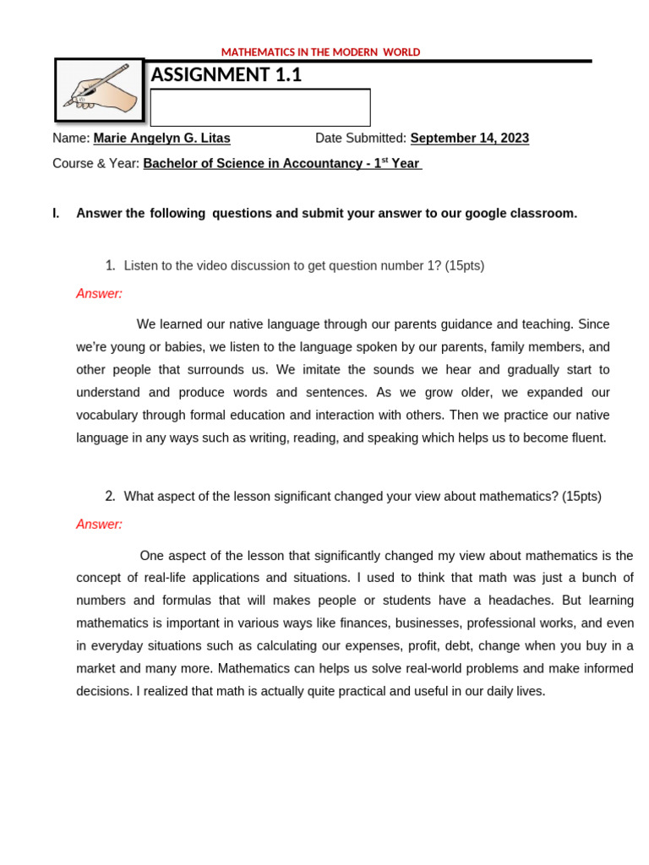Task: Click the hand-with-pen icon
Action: tap(100, 90)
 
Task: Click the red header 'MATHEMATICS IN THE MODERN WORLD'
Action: tap(320, 52)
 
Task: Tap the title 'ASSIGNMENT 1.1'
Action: tap(226, 75)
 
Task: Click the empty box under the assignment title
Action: tap(260, 108)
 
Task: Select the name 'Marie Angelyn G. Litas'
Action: tap(161, 139)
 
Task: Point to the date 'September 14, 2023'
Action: tap(469, 139)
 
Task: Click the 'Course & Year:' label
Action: tap(95, 164)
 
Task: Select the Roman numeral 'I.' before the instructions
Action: tap(57, 214)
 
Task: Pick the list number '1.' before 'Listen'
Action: tap(111, 265)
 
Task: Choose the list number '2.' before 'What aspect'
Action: tap(111, 496)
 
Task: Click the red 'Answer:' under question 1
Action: tap(99, 294)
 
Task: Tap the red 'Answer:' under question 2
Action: tap(99, 525)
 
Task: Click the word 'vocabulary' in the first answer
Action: tap(106, 416)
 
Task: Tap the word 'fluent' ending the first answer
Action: tap(587, 438)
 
